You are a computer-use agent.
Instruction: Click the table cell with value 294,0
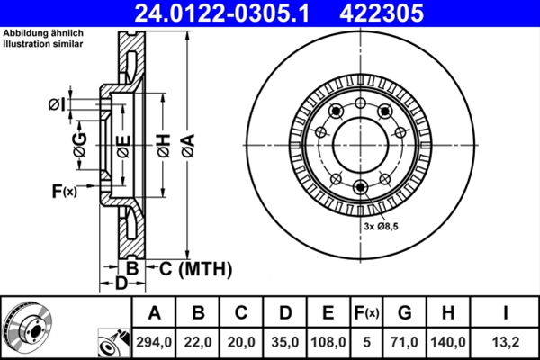(x=154, y=341)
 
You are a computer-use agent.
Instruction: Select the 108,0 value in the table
(x=327, y=341)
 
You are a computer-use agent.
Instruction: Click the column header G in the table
(x=404, y=312)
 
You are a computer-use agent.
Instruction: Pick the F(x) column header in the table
(x=366, y=312)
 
